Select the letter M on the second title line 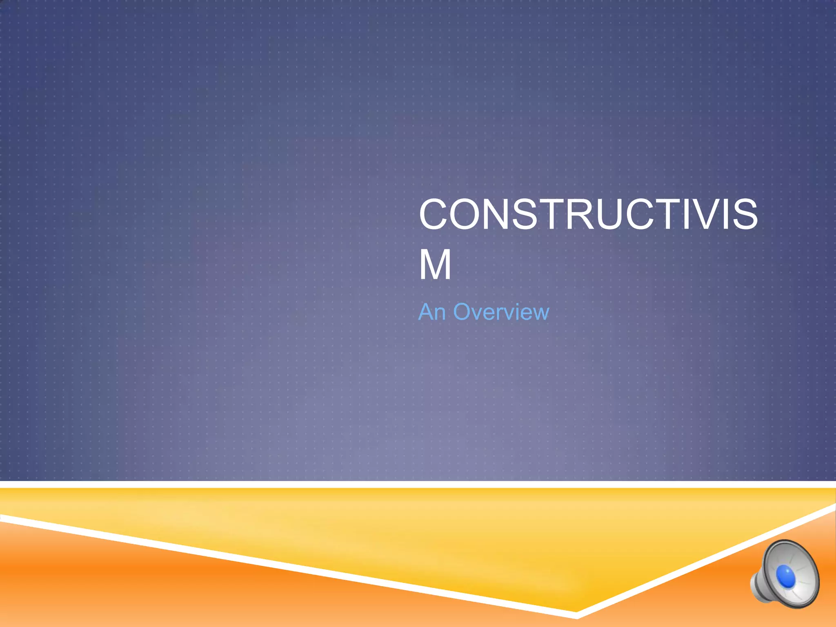tap(435, 265)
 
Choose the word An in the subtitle tap(432, 312)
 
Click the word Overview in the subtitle tap(501, 312)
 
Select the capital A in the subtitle tap(426, 312)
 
